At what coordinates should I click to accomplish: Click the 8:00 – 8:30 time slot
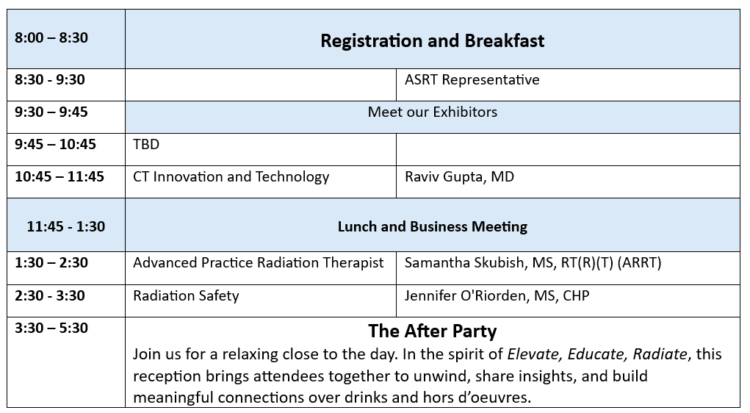(x=51, y=37)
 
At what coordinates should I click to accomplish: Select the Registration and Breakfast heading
(x=433, y=40)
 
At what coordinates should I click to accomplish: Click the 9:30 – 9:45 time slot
(x=51, y=112)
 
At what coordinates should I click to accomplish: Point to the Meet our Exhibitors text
(x=433, y=112)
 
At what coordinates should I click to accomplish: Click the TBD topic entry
(x=146, y=144)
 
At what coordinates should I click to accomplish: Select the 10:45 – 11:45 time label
(x=60, y=176)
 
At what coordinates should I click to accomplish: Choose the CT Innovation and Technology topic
(x=231, y=177)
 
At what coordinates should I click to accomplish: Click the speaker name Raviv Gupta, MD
(x=460, y=177)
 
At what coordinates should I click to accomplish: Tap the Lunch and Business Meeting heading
(x=433, y=226)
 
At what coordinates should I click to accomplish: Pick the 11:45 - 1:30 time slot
(x=66, y=226)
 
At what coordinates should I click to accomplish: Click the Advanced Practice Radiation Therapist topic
(x=259, y=263)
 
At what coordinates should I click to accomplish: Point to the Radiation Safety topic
(x=186, y=295)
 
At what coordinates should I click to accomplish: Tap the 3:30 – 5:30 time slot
(x=51, y=328)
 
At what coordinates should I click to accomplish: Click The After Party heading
(x=433, y=331)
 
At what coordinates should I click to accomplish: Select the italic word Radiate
(x=660, y=354)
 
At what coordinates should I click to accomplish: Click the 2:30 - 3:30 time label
(x=50, y=295)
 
